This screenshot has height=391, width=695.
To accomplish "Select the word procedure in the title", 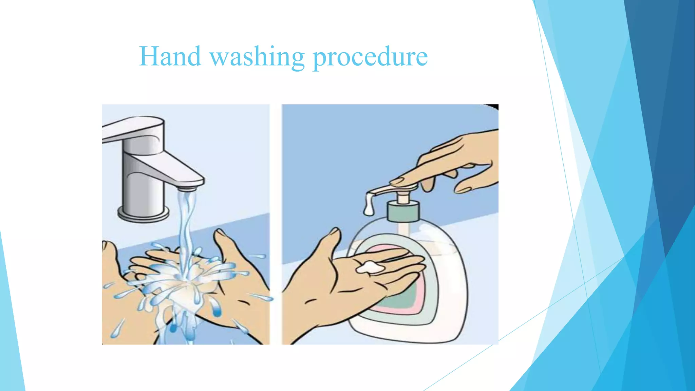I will tap(370, 57).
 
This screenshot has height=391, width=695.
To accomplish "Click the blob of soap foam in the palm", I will tap(370, 268).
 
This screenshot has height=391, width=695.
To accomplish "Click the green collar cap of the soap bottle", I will tap(403, 211).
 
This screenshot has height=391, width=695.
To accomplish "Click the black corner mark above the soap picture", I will tap(494, 107).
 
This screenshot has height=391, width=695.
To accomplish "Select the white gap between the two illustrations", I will tap(276, 224).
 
